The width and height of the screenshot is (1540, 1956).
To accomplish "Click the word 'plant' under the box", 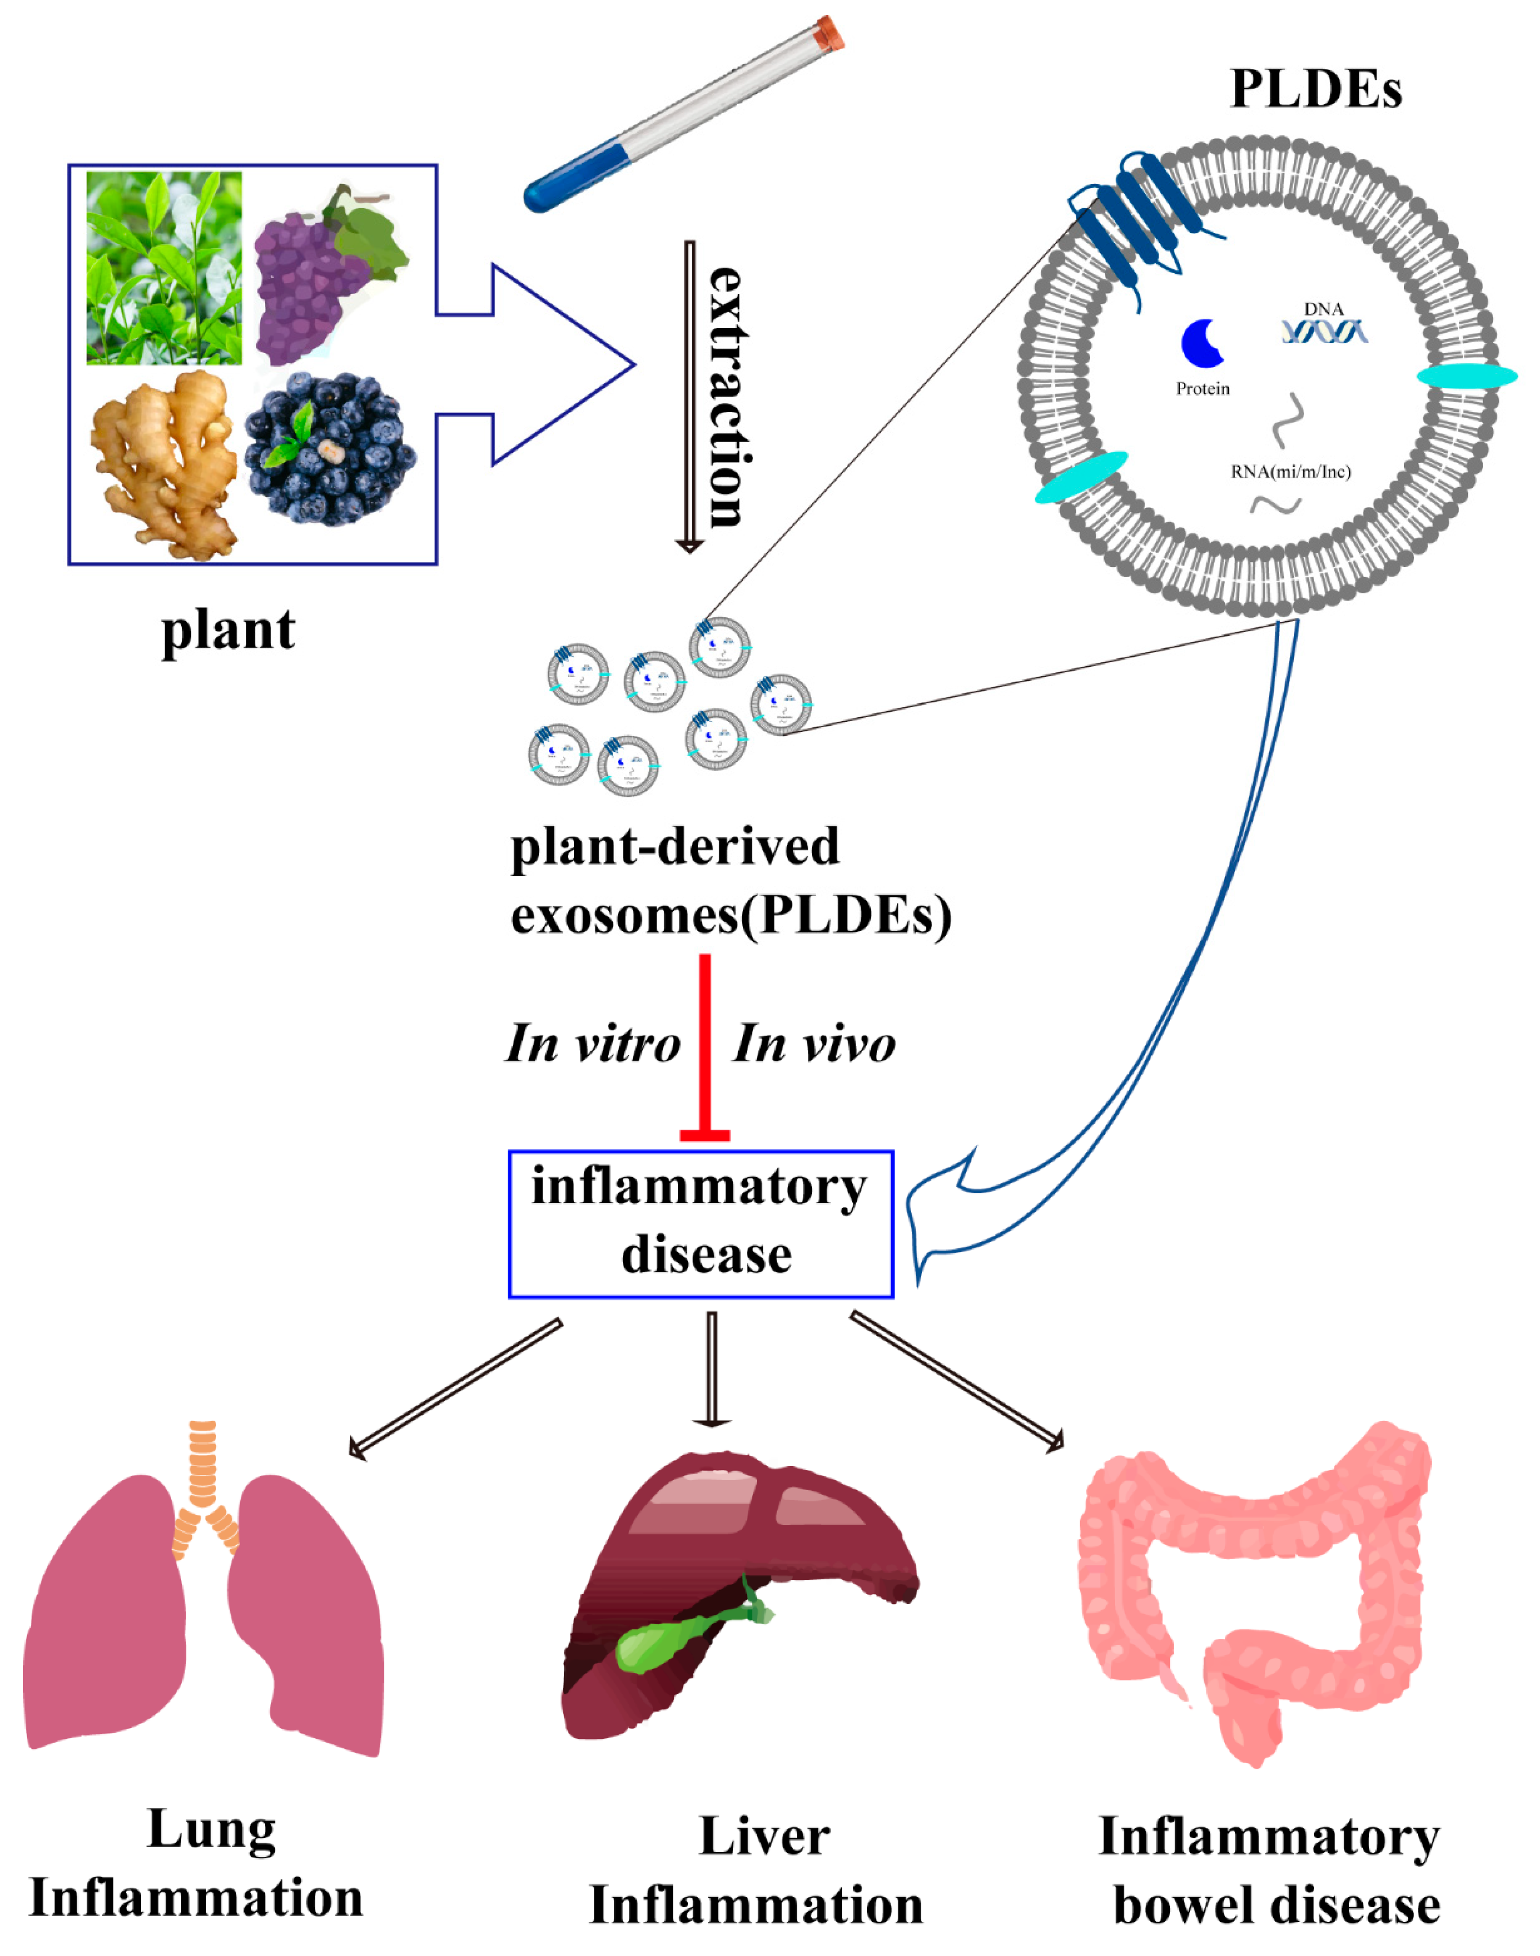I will tap(228, 630).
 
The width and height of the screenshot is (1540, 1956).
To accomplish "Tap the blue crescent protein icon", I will tap(1202, 343).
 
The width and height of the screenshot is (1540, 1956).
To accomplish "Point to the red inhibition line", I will tap(705, 1046).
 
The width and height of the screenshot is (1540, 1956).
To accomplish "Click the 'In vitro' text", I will tap(593, 1044).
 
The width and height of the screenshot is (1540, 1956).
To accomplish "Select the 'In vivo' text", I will tap(813, 1044).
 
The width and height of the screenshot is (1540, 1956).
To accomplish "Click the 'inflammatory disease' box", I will tap(700, 1224).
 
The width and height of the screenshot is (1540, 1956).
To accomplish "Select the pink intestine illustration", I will tap(1253, 1587).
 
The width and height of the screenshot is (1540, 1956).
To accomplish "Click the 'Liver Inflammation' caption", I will tap(757, 1871).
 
